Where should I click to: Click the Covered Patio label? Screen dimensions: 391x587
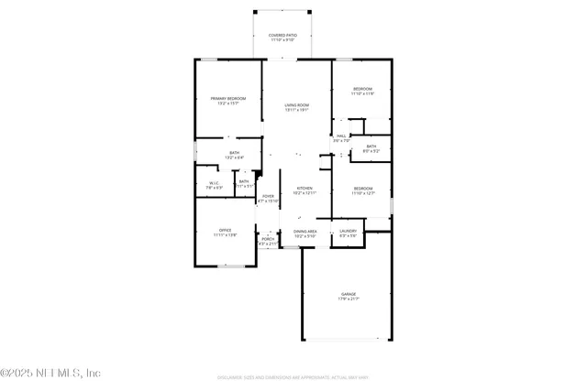pos(283,35)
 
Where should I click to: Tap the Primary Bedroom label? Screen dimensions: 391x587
pos(228,98)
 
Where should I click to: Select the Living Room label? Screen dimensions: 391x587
pos(296,105)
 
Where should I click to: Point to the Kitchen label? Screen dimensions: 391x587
pos(304,188)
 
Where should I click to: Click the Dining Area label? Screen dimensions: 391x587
pos(305,232)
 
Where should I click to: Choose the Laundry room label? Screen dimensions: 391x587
pos(348,231)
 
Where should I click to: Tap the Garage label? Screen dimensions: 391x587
pos(348,294)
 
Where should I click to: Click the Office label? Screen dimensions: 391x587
pos(225,230)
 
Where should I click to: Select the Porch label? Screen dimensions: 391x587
pos(268,239)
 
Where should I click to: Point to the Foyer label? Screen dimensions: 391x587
pos(269,196)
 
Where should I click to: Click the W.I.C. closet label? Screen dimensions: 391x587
pos(213,182)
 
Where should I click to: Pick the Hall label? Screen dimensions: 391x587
pos(341,136)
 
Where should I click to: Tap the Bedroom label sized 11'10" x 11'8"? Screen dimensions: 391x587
pos(363,89)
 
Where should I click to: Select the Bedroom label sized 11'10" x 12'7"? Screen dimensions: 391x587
pos(363,188)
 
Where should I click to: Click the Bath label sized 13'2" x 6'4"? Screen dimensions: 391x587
pos(235,153)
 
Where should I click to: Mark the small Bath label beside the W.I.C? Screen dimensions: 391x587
pos(243,181)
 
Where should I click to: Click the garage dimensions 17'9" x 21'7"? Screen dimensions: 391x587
pos(348,299)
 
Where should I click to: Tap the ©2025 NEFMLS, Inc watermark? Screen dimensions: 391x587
pos(50,373)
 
